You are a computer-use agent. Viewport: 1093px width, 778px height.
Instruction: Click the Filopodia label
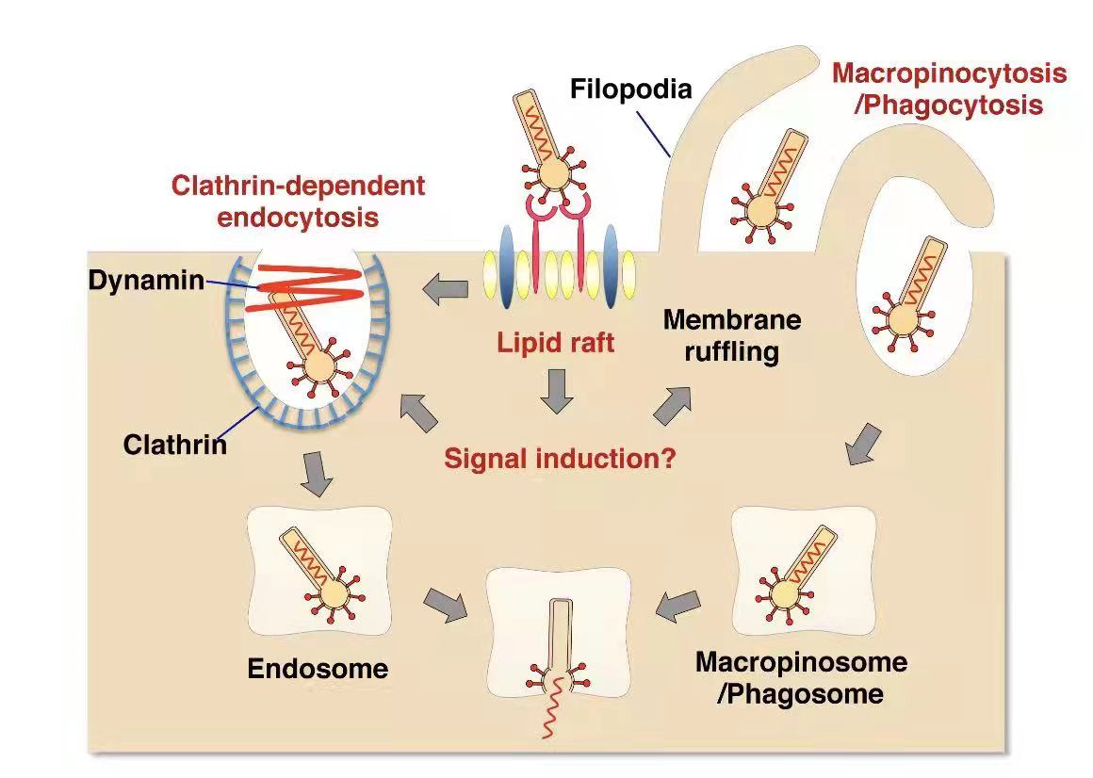[631, 89]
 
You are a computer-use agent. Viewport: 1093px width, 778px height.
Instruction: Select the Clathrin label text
[175, 444]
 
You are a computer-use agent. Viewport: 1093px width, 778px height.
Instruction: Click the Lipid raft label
[556, 342]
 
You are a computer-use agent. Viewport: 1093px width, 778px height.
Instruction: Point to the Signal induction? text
[560, 460]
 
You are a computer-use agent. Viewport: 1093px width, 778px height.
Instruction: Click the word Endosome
[318, 669]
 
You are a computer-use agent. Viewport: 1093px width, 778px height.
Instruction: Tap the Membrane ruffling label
[732, 335]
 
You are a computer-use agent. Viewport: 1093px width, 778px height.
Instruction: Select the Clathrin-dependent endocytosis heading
[298, 201]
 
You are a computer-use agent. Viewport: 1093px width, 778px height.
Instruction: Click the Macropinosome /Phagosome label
[801, 677]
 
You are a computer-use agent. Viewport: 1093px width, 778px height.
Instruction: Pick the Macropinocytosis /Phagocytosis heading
[949, 88]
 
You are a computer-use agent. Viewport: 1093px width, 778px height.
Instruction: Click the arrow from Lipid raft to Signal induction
[557, 391]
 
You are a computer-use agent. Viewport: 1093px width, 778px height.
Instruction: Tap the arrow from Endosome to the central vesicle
[446, 605]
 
